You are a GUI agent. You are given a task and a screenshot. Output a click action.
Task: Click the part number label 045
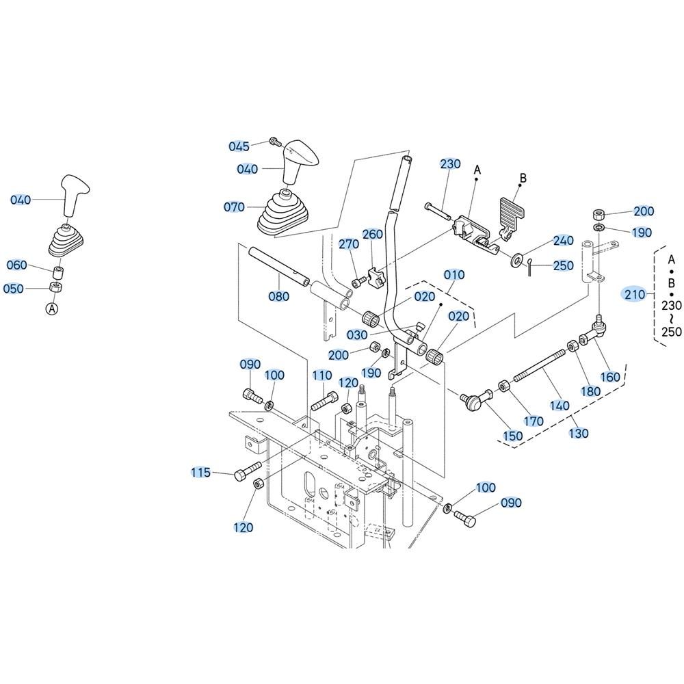pos(239,146)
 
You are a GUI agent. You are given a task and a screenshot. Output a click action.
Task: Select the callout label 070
pos(235,207)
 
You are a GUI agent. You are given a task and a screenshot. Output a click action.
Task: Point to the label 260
pos(373,234)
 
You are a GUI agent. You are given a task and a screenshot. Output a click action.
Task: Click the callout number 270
pos(349,244)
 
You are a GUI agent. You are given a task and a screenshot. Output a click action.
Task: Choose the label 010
pos(454,275)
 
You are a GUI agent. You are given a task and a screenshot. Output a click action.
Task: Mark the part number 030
pos(356,335)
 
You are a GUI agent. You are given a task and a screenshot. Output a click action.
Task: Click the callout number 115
pos(201,473)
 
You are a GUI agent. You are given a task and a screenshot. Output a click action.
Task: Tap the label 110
pos(322,376)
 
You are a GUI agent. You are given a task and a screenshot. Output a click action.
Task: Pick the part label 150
pos(512,436)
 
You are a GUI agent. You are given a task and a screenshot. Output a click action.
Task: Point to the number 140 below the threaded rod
pos(560,406)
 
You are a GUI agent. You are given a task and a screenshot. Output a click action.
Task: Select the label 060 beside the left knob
pos(17,265)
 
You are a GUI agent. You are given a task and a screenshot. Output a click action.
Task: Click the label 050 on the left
pos(14,289)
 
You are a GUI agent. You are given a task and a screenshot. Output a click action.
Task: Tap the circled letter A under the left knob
pos(53,309)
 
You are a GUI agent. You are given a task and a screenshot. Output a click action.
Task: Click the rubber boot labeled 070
pos(280,214)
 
